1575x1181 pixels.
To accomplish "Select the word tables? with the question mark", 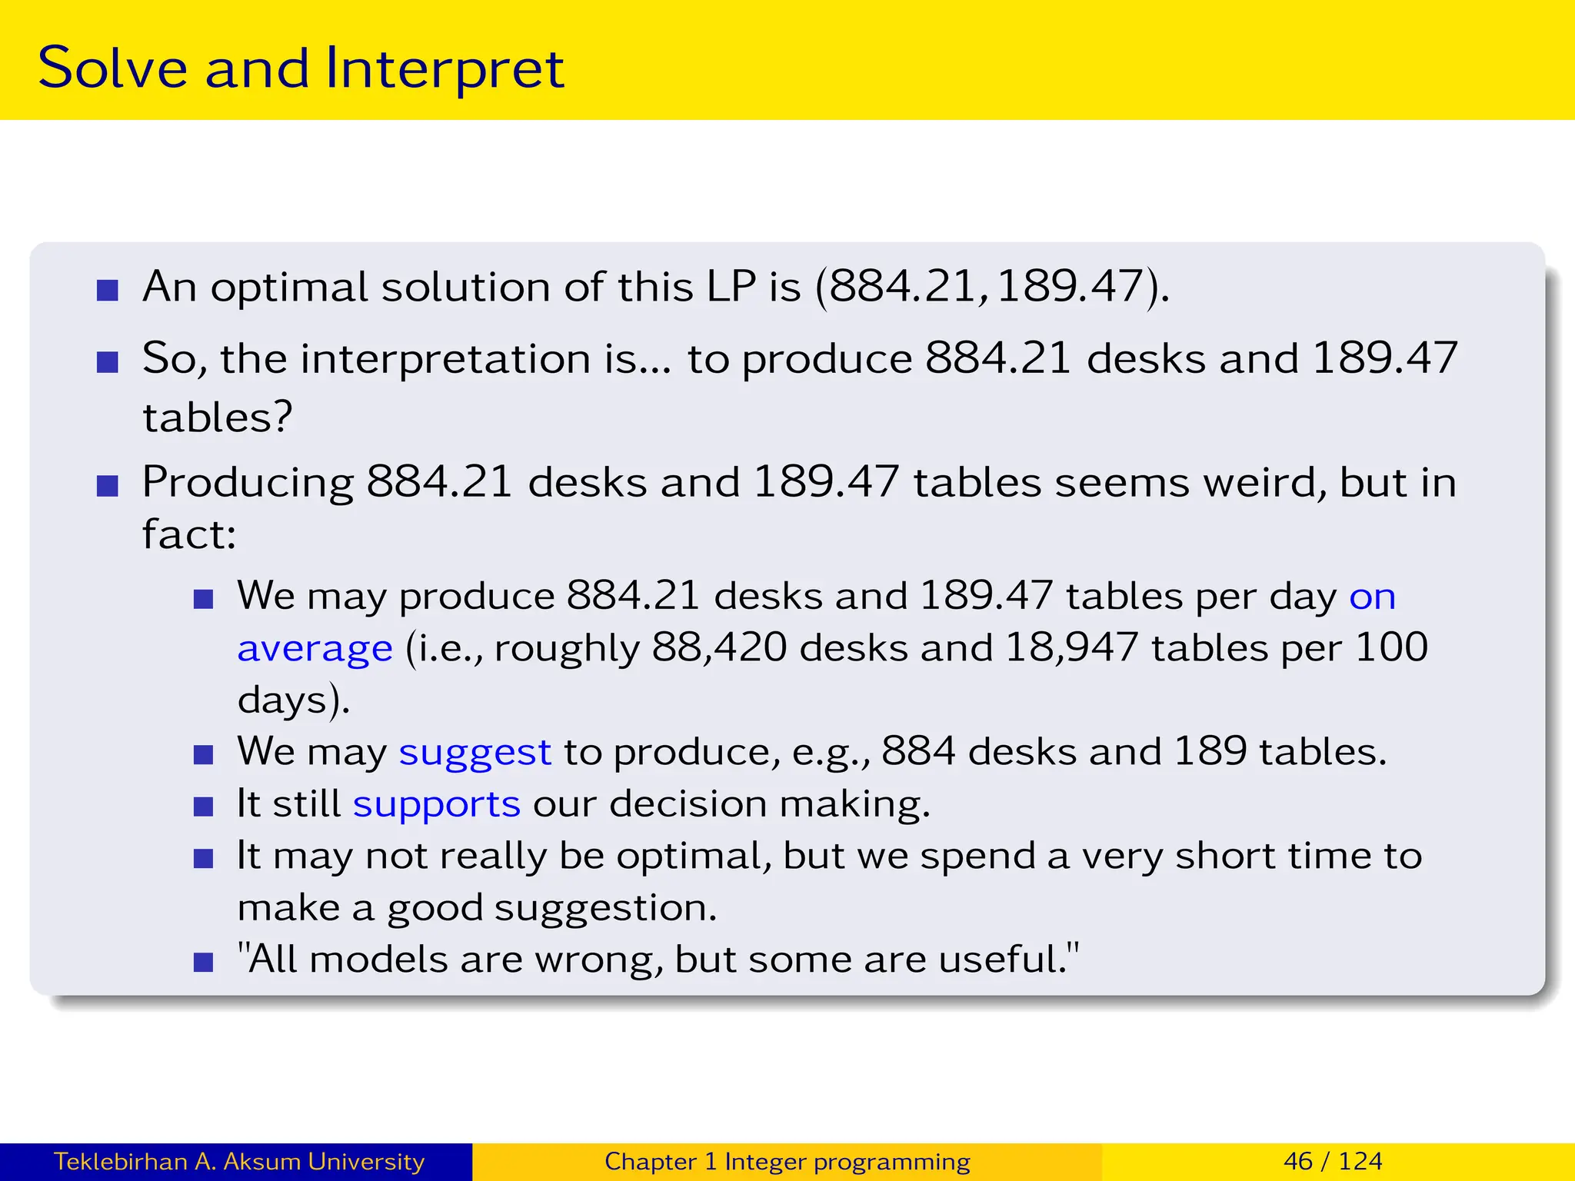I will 218,418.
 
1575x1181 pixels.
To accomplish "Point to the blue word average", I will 315,650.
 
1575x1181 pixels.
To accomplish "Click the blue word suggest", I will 474,753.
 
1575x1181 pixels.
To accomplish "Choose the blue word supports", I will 436,805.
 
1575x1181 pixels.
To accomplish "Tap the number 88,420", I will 719,648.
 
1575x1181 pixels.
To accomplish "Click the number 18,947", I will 1071,648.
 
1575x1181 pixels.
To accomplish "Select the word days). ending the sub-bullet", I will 293,700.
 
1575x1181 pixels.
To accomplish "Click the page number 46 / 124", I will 1333,1161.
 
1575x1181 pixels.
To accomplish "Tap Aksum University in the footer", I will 324,1162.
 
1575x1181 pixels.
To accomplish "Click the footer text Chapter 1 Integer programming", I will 787,1162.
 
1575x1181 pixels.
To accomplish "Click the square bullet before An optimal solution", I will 108,291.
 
